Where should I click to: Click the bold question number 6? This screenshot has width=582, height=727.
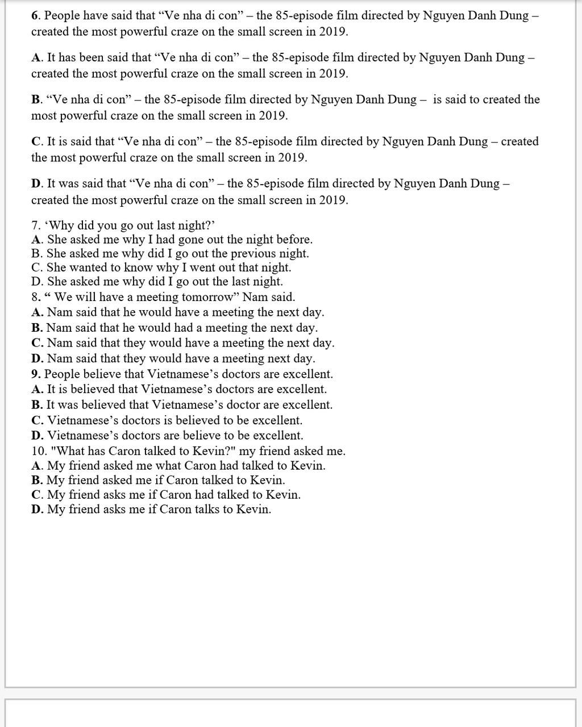(35, 16)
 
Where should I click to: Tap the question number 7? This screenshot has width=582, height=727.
(35, 225)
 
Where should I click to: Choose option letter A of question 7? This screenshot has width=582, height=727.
(36, 240)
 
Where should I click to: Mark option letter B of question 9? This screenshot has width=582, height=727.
(36, 405)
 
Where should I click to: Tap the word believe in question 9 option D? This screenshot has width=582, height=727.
(191, 436)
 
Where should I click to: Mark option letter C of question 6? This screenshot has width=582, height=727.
(36, 141)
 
